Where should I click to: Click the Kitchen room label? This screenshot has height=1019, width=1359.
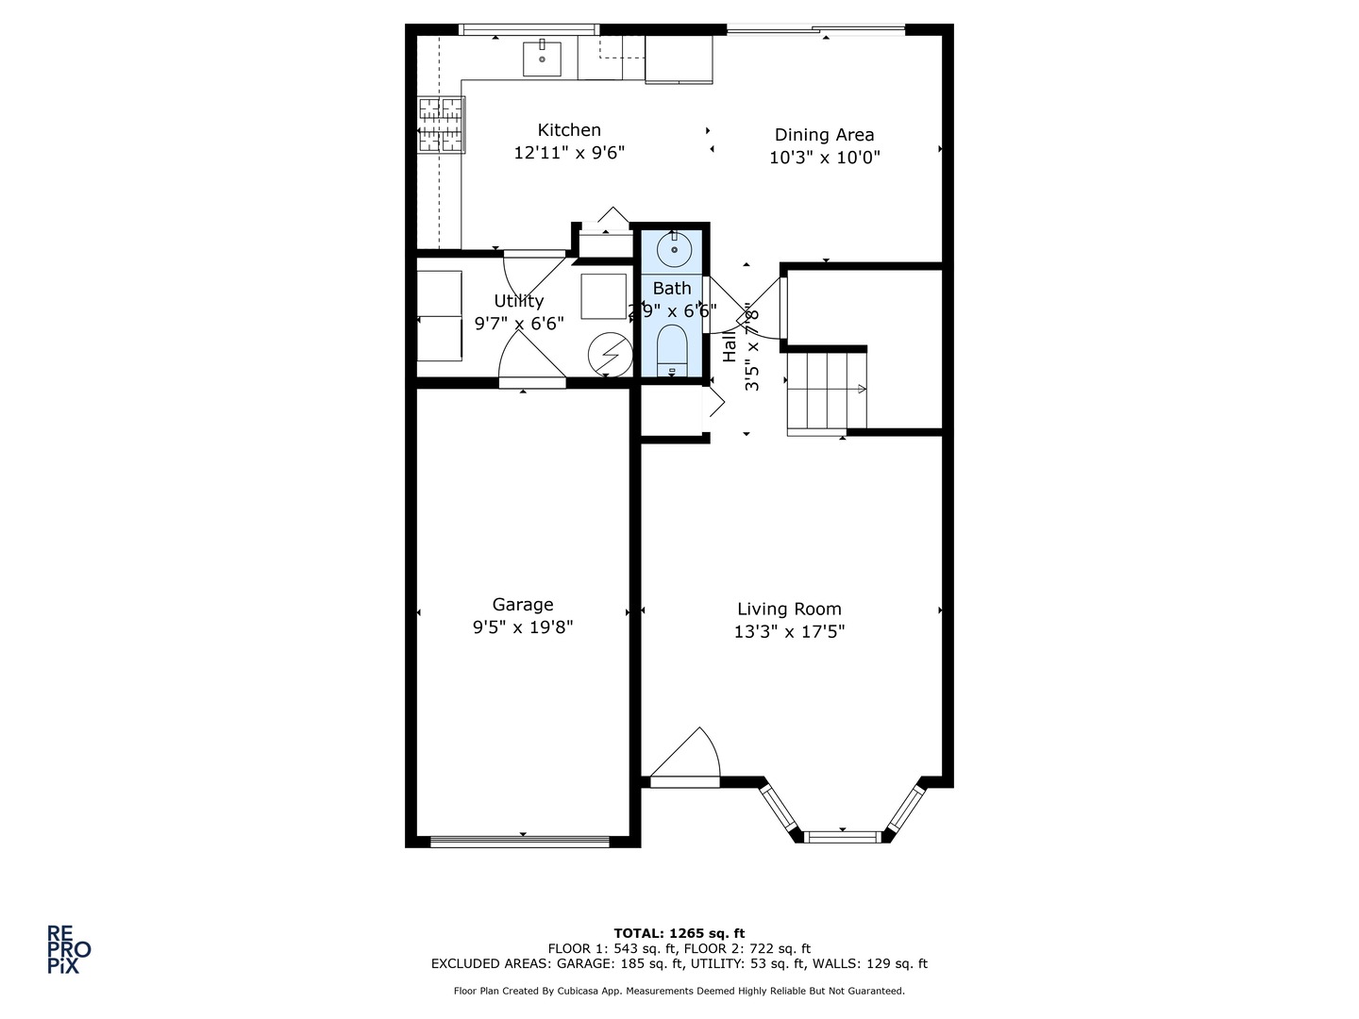(x=569, y=130)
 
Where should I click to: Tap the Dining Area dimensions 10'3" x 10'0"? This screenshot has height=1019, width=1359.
(x=824, y=158)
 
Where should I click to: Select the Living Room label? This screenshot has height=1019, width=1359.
(x=789, y=610)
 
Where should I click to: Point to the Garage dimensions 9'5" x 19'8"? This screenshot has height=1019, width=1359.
(x=523, y=627)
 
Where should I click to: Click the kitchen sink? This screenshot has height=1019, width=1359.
(x=543, y=58)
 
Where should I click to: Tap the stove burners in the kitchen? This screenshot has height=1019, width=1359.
(x=441, y=124)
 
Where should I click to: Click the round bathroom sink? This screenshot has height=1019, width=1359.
(x=674, y=251)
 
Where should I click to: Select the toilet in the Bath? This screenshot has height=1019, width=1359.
(x=672, y=348)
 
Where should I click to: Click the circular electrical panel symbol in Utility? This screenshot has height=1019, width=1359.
(x=608, y=354)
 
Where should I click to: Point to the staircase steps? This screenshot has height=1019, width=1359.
(x=827, y=390)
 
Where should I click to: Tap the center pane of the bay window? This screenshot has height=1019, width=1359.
(x=841, y=835)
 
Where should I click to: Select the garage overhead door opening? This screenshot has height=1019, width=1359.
(x=520, y=841)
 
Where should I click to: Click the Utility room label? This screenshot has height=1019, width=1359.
(x=519, y=301)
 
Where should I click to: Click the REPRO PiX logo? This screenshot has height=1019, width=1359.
(x=69, y=949)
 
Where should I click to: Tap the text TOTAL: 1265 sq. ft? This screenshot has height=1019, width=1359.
(x=679, y=933)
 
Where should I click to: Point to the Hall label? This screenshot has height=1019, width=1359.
(x=730, y=347)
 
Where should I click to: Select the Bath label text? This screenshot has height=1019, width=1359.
(x=672, y=289)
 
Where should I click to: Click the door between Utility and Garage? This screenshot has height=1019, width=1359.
(x=531, y=381)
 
